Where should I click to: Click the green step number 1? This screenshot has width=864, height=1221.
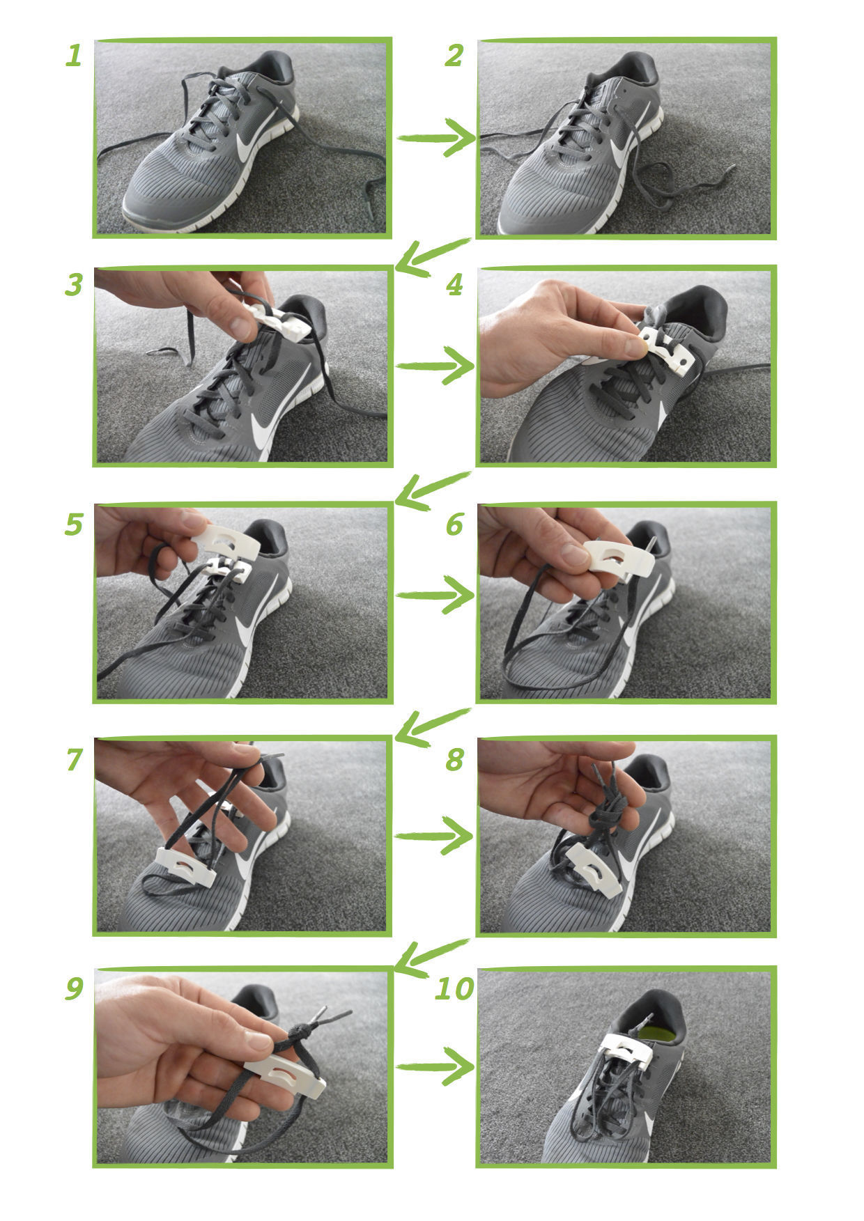[x=74, y=56]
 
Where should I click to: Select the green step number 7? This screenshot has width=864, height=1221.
[x=74, y=760]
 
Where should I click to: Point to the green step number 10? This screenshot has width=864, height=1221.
[x=454, y=988]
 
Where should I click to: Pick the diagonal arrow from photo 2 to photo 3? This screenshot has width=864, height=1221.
[x=432, y=256]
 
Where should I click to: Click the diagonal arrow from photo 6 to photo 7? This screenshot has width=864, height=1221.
[x=432, y=726]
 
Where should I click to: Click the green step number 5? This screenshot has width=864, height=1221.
[x=74, y=524]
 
